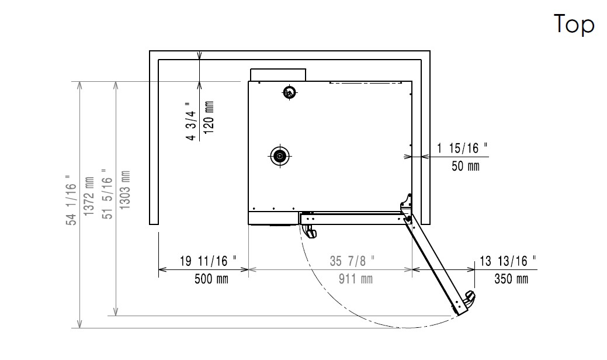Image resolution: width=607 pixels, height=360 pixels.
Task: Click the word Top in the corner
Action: (574, 24)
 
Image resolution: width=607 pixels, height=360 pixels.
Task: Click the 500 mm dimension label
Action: (211, 279)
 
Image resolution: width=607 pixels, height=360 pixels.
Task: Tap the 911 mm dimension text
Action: (356, 279)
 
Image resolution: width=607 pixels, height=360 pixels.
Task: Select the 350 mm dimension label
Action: (511, 279)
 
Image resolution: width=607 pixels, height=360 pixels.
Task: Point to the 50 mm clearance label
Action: (465, 166)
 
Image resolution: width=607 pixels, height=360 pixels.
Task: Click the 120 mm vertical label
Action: (209, 117)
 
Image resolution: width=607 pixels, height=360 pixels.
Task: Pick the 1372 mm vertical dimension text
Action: (89, 196)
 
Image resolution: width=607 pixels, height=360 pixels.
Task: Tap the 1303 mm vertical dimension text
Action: (124, 190)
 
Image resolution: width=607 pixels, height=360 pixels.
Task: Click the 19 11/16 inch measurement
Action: (208, 261)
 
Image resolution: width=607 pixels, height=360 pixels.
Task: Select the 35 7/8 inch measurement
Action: (352, 261)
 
